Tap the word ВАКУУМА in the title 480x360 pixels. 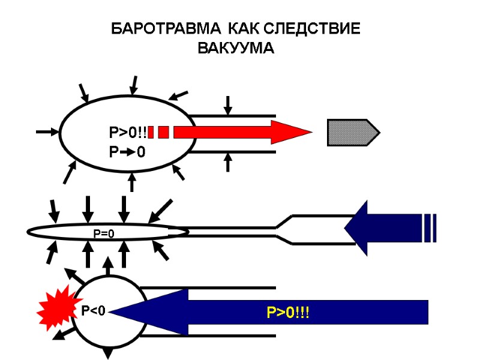click(235, 49)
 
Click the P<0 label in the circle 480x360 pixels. click(93, 310)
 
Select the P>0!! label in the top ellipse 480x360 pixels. click(127, 132)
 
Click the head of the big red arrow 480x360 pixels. click(290, 132)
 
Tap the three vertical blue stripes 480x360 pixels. click(429, 227)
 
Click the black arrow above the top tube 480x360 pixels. click(227, 105)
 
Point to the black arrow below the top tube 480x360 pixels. click(227, 162)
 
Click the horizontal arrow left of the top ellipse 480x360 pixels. click(47, 131)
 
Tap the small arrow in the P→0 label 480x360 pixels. click(127, 152)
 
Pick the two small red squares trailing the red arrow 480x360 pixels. click(158, 132)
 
